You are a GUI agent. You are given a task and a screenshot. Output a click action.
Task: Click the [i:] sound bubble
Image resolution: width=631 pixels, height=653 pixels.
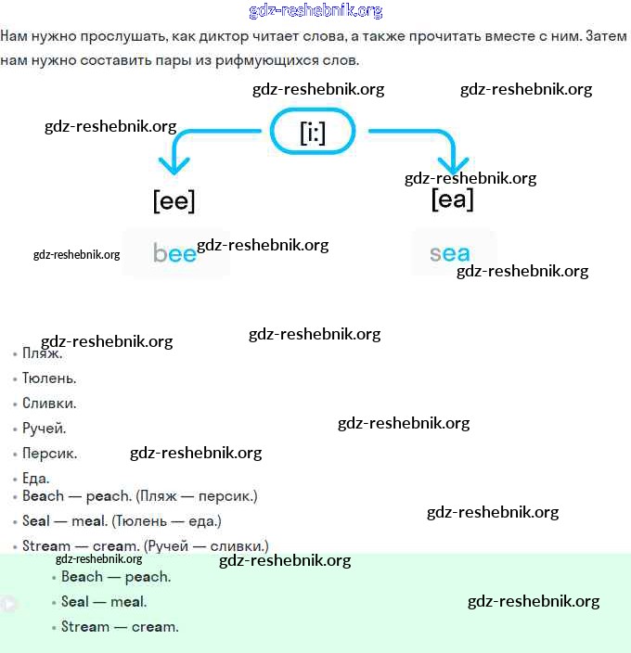[312, 133]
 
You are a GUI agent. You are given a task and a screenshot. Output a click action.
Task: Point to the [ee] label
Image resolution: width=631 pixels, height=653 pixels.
[174, 200]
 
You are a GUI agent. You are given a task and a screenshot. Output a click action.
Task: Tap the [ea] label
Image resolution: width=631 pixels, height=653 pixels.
[452, 198]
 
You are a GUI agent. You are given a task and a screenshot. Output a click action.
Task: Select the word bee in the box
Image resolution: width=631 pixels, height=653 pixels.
[174, 253]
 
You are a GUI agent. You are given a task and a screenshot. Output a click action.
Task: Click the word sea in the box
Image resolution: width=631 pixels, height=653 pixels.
[450, 253]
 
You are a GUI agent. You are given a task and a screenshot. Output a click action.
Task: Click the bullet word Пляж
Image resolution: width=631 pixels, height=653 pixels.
[43, 353]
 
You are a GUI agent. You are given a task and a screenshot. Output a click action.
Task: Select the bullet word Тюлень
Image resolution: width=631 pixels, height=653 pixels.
[49, 378]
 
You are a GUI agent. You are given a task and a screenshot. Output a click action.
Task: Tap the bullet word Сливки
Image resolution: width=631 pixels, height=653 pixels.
[49, 403]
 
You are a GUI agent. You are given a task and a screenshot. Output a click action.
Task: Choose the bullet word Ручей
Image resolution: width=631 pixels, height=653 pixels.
[45, 429]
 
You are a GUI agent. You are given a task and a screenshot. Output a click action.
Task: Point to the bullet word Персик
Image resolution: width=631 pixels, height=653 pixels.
[50, 454]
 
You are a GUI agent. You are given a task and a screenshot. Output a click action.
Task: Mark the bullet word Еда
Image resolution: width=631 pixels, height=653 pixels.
[36, 479]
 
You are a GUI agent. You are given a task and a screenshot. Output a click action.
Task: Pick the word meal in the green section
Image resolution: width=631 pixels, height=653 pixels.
[128, 602]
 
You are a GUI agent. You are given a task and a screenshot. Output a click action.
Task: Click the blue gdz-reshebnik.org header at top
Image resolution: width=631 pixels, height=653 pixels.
[315, 11]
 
